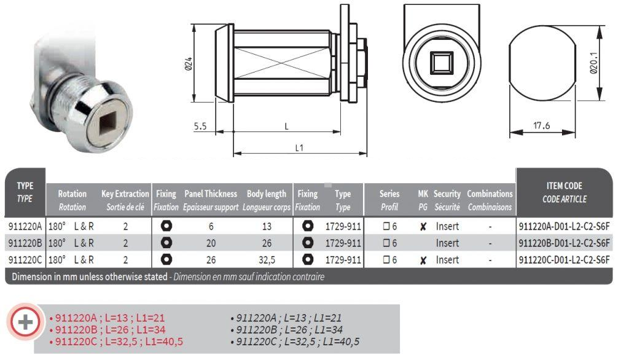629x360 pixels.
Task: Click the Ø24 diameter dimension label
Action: click(189, 64)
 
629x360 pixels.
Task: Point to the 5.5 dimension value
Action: click(200, 127)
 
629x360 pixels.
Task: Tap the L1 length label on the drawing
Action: click(299, 147)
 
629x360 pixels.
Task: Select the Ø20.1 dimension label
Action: click(594, 63)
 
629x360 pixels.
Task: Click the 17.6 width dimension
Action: click(541, 125)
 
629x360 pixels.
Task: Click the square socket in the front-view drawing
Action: click(442, 63)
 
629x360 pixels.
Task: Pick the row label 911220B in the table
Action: click(25, 243)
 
